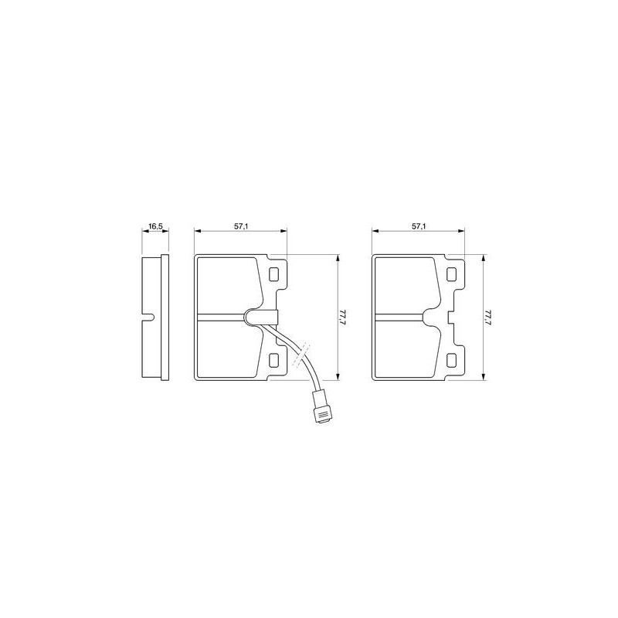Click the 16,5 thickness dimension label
click(x=155, y=226)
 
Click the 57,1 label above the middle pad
click(x=240, y=226)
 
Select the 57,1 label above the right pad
click(x=418, y=226)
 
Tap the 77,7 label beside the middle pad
click(x=343, y=317)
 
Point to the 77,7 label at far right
click(x=489, y=317)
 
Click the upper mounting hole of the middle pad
click(x=273, y=274)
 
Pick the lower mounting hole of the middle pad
click(x=273, y=359)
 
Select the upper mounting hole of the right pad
click(x=451, y=274)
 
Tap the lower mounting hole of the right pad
click(x=451, y=359)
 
